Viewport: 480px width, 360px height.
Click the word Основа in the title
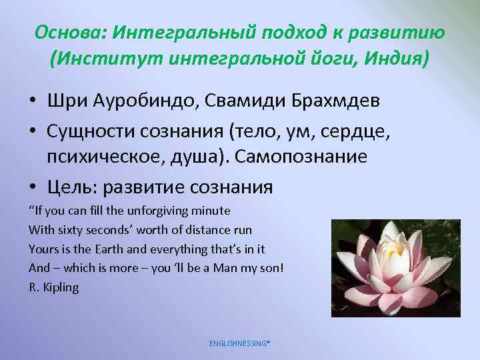tap(71, 33)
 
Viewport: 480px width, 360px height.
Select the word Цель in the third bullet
tap(70, 187)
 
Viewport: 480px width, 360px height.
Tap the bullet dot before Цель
tap(32, 188)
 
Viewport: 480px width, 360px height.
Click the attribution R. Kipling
tap(53, 287)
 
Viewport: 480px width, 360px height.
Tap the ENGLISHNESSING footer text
tap(239, 343)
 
